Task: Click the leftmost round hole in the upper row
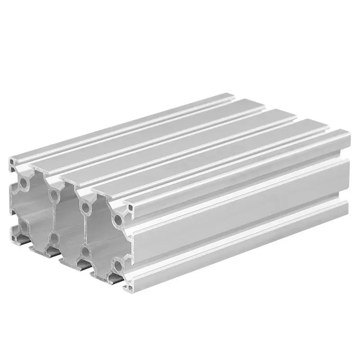tap(22, 184)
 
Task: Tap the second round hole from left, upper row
tap(54, 195)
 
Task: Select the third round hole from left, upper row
tap(84, 207)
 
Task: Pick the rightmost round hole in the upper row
tap(118, 220)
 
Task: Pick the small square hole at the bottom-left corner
tap(12, 232)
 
